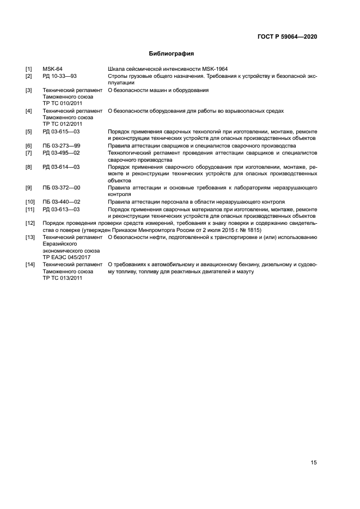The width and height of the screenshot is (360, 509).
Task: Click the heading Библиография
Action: point(172,54)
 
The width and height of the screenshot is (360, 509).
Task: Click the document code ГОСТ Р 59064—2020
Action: point(287,37)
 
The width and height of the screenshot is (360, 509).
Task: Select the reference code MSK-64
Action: point(52,69)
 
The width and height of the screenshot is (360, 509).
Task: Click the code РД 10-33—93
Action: point(60,76)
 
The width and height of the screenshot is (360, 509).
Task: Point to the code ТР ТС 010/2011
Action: point(62,103)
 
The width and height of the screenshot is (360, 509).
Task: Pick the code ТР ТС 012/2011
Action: point(62,124)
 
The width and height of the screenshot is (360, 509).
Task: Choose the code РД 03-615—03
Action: point(61,132)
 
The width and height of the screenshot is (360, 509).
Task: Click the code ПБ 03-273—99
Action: point(61,146)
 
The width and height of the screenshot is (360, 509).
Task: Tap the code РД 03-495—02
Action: point(61,153)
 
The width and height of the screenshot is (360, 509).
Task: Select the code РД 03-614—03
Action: point(61,167)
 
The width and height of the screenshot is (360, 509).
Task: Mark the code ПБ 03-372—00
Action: point(61,188)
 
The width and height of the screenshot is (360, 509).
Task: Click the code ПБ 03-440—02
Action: point(61,202)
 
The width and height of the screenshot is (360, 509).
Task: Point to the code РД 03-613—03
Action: point(61,209)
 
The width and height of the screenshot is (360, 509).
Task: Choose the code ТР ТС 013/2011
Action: point(62,278)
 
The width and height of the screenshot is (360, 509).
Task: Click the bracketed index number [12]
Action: point(30,223)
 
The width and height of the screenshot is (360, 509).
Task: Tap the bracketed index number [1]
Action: point(28,69)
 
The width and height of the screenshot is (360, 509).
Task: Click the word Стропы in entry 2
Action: point(118,76)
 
